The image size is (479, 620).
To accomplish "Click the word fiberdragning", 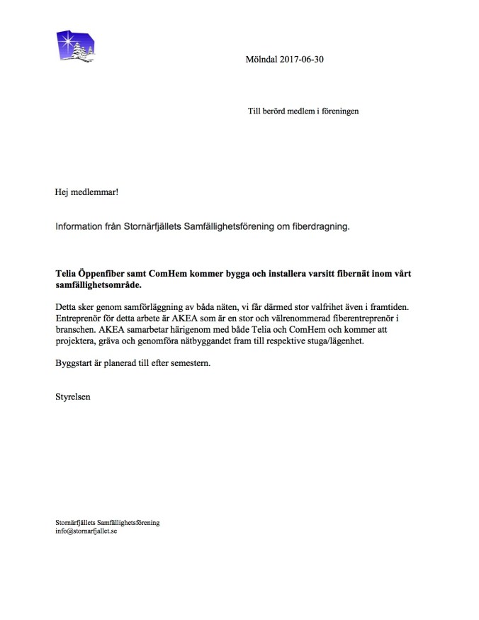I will (320, 227).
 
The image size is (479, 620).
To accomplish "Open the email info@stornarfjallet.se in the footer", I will (86, 531).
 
